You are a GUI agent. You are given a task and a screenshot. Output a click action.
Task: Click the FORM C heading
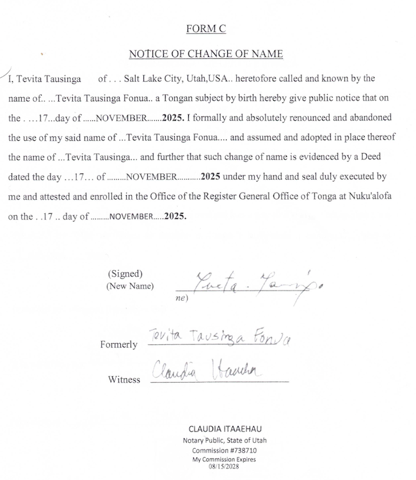coord(205,29)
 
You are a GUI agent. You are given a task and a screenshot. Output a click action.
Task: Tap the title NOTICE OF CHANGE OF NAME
coord(205,54)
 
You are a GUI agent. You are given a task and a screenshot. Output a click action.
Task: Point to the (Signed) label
coord(125,273)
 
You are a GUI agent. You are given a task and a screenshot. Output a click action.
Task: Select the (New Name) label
coord(131,287)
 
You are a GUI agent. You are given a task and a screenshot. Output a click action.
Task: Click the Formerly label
coord(118,344)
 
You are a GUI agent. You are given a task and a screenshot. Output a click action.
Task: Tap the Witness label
coord(124,380)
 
